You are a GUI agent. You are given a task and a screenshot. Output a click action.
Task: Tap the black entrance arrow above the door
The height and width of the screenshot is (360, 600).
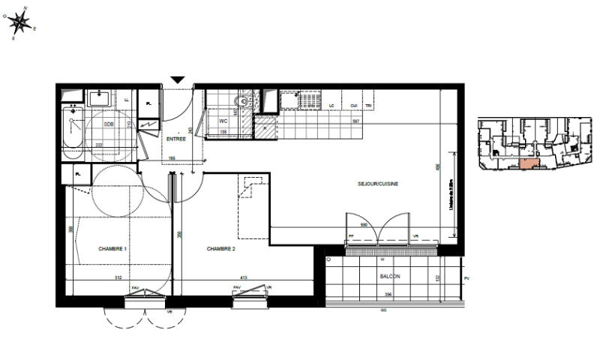pos(178,79)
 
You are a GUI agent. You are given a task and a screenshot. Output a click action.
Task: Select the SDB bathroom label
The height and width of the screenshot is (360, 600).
pos(109,124)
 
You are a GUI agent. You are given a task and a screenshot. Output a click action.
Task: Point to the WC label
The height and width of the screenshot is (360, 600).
pos(223,120)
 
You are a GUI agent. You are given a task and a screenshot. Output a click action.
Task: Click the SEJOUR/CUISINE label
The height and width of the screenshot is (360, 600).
pos(379,183)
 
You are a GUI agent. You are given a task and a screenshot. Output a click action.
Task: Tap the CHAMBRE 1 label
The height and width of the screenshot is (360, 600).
pos(112,249)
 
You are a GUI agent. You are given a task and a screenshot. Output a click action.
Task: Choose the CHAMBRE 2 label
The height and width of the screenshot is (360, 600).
pos(221,249)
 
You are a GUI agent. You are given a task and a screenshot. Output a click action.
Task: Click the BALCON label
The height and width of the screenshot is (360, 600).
pos(389,277)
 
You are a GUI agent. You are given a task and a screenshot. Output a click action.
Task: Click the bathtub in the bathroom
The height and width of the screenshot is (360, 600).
pos(72,130)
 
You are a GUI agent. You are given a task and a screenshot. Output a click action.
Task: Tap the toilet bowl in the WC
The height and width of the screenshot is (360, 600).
pos(241,101)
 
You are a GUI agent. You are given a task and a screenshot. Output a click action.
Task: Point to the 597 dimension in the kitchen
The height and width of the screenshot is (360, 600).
pos(357,121)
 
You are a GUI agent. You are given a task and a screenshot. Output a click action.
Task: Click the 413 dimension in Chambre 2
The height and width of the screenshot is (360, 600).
pos(243,277)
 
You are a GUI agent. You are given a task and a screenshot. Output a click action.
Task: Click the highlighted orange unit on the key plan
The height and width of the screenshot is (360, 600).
pos(529,163)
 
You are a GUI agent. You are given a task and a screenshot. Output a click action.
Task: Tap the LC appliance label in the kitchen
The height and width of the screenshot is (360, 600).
pos(331,106)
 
